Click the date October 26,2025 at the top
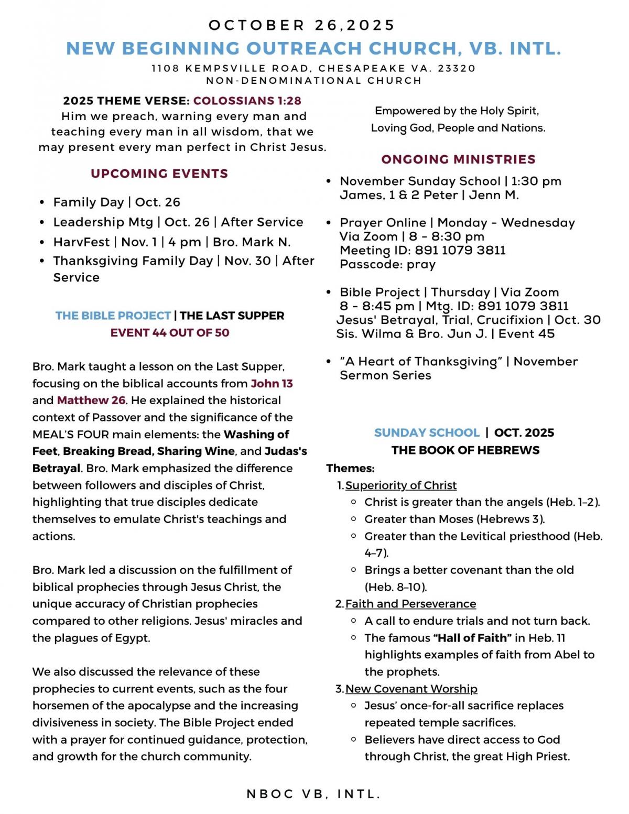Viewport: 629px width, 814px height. click(x=301, y=25)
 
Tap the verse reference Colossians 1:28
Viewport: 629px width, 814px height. click(x=247, y=101)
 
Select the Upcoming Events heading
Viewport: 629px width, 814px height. click(x=159, y=173)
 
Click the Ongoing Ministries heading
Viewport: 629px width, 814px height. click(x=458, y=159)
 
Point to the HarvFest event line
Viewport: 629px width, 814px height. click(x=171, y=242)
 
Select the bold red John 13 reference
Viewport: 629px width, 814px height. click(x=272, y=384)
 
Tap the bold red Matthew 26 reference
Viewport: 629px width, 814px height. click(x=91, y=400)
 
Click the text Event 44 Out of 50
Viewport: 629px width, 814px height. click(x=170, y=333)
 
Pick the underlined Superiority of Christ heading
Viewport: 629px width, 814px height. click(x=401, y=485)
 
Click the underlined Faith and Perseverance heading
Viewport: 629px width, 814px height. click(x=410, y=604)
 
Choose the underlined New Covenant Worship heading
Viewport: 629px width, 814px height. click(x=411, y=689)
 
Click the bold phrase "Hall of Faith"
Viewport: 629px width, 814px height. click(x=472, y=638)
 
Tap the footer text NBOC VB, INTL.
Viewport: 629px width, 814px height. click(x=313, y=794)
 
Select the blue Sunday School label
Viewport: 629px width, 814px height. click(x=427, y=433)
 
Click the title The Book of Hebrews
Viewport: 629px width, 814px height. click(x=465, y=450)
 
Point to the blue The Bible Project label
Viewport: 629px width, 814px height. click(x=113, y=316)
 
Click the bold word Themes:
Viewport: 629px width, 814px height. click(x=350, y=468)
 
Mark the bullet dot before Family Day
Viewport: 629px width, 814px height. click(x=42, y=203)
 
